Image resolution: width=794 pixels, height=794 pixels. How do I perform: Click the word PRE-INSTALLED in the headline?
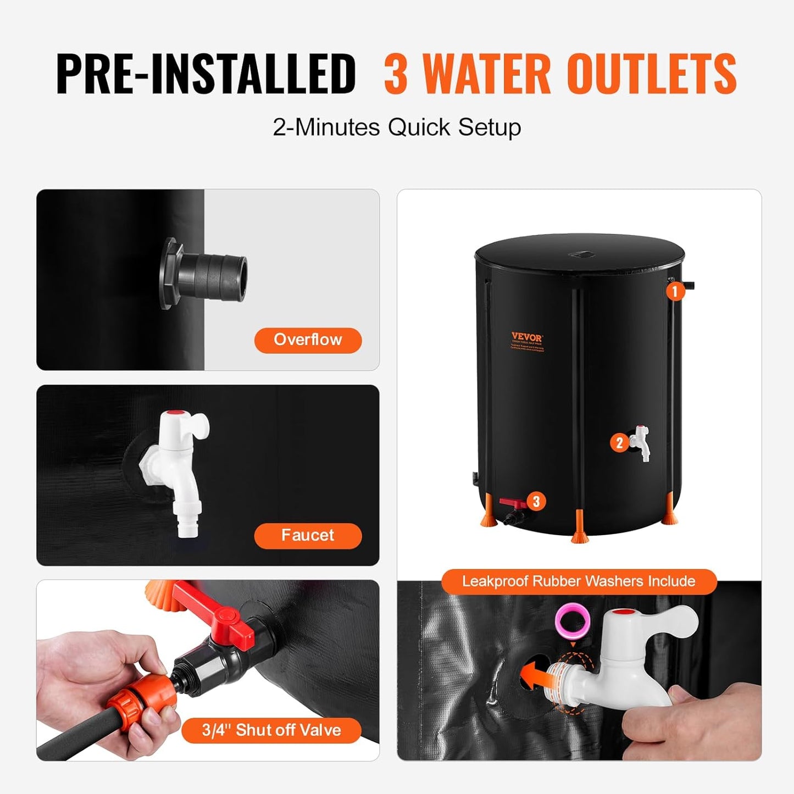tap(206, 74)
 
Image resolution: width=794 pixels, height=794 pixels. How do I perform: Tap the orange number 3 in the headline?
tap(396, 74)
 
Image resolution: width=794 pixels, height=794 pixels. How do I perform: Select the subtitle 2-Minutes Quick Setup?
tap(397, 127)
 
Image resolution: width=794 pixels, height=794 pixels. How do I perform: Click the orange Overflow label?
tap(308, 340)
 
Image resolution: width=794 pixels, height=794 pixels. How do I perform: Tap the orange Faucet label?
tap(308, 536)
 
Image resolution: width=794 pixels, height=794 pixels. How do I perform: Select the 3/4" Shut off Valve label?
tap(271, 730)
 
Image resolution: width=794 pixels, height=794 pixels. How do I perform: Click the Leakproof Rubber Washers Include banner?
tap(579, 581)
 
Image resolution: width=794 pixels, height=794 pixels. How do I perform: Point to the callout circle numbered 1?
tap(675, 291)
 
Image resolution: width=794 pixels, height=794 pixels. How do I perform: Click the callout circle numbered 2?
tap(619, 443)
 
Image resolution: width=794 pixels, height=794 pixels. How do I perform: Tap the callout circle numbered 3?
tap(536, 501)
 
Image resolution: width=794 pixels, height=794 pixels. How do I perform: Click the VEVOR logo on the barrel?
tap(526, 337)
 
